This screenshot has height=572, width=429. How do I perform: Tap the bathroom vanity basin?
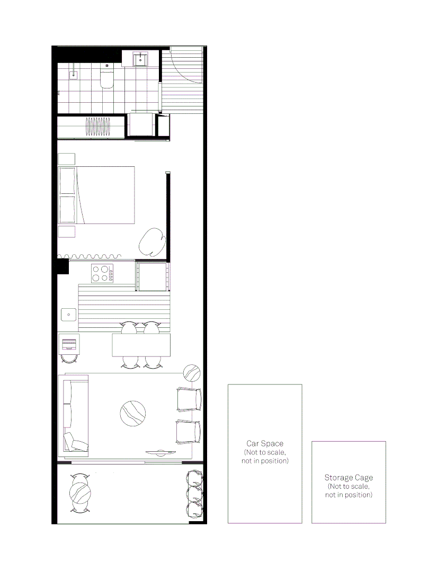coord(140,59)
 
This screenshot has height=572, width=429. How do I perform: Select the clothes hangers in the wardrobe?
coord(99,127)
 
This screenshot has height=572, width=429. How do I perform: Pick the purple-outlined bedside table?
coord(66,231)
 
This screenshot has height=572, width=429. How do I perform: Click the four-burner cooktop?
coord(101,273)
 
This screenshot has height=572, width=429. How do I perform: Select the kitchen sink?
coord(69,315)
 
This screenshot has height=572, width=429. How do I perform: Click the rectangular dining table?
coord(141,345)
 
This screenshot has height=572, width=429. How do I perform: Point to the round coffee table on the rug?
coord(133,414)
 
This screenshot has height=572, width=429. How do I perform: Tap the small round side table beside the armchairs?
coord(191,372)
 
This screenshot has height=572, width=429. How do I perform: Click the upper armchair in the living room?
coord(189,399)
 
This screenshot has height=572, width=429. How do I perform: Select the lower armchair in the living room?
coord(189,432)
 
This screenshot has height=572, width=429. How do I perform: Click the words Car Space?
coord(265,443)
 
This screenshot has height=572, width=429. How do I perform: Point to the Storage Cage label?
coord(348,478)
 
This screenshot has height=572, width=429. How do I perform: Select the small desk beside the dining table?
coord(69,344)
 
